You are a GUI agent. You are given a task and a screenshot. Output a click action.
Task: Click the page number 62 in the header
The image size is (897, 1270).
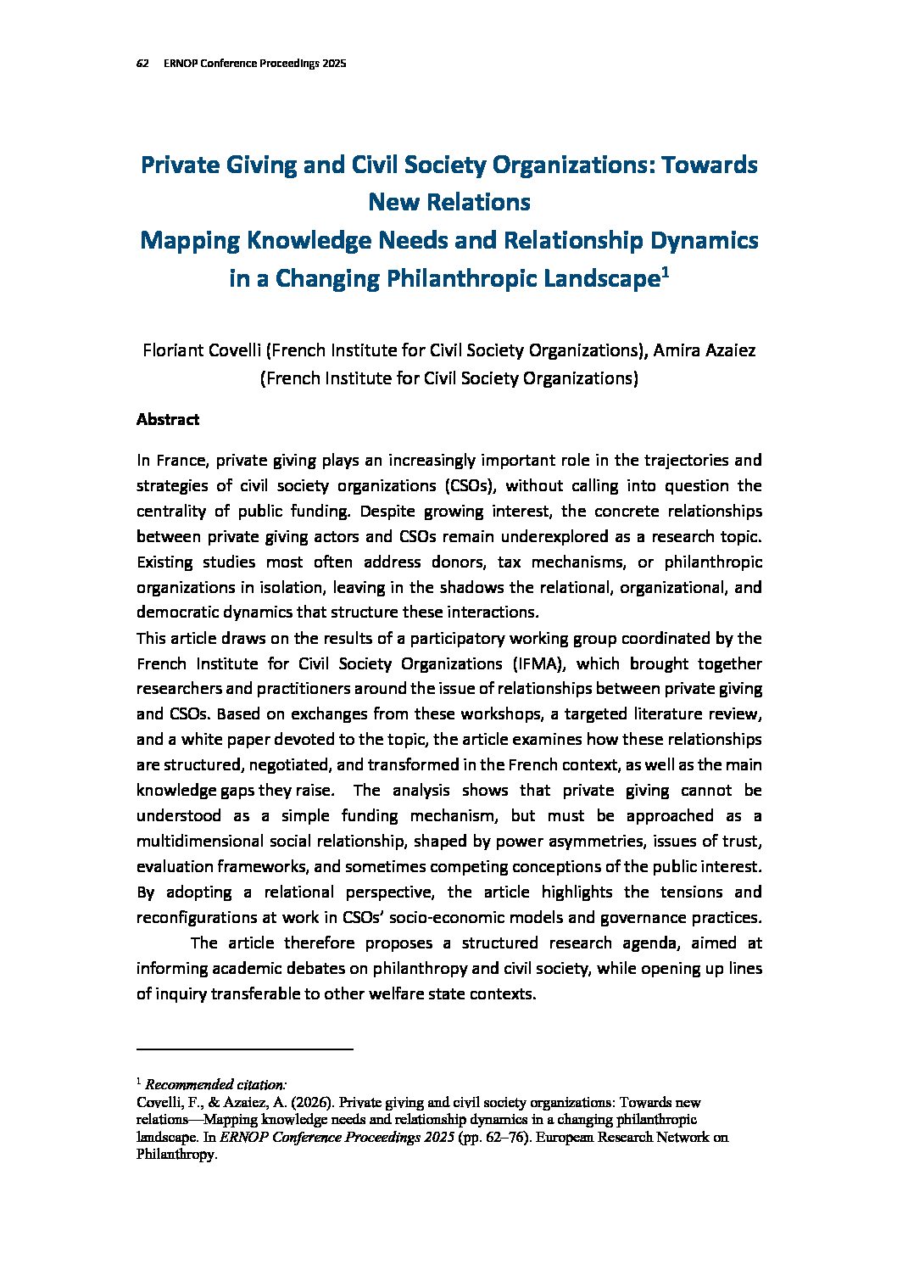point(142,64)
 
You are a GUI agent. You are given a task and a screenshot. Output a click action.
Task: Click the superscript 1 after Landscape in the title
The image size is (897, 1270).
point(666,272)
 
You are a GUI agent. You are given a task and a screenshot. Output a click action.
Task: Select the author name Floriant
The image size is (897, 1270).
point(172,350)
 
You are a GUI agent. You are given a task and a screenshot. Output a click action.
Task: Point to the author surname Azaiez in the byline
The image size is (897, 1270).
point(727,350)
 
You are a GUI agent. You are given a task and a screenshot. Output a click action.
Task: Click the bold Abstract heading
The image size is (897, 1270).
point(168,419)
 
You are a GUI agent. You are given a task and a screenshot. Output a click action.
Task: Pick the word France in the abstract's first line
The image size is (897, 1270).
point(181,460)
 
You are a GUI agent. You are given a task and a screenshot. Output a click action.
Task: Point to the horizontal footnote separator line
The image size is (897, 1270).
point(244,1050)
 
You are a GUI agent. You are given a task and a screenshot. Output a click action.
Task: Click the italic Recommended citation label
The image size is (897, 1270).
point(216,1084)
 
